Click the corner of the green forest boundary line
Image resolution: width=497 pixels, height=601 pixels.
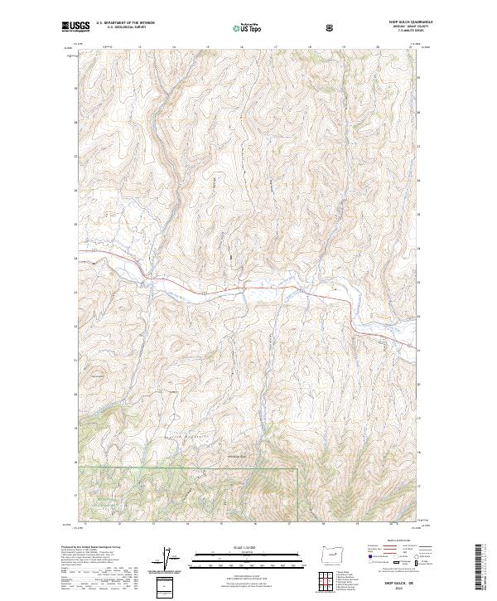point(296,468)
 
